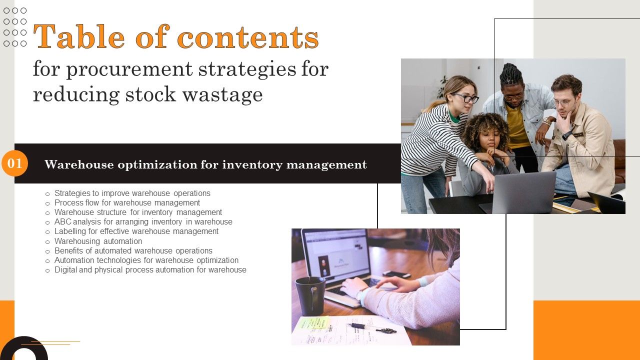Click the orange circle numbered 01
pyautogui.click(x=14, y=163)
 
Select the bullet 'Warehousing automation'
pyautogui.click(x=98, y=241)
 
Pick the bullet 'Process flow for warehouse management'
pyautogui.click(x=127, y=202)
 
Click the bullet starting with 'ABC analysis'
pyautogui.click(x=143, y=221)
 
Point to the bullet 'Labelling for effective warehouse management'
pyautogui.click(x=136, y=231)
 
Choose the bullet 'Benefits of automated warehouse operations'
pyautogui.click(x=133, y=250)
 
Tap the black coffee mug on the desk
pyautogui.click(x=309, y=295)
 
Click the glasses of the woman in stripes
pyautogui.click(x=466, y=98)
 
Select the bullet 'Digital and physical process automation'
pyautogui.click(x=150, y=269)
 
